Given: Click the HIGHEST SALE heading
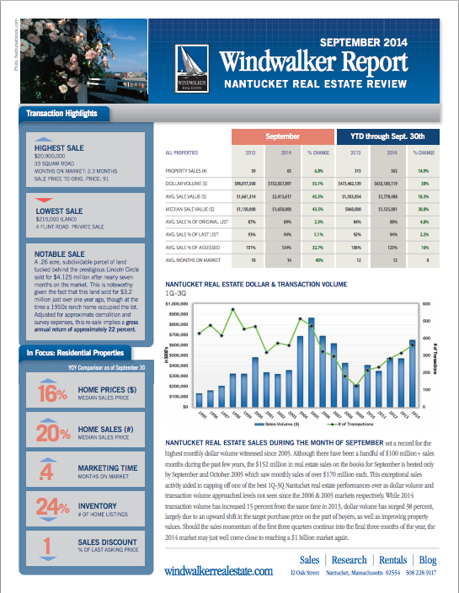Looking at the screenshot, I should (x=56, y=147).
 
